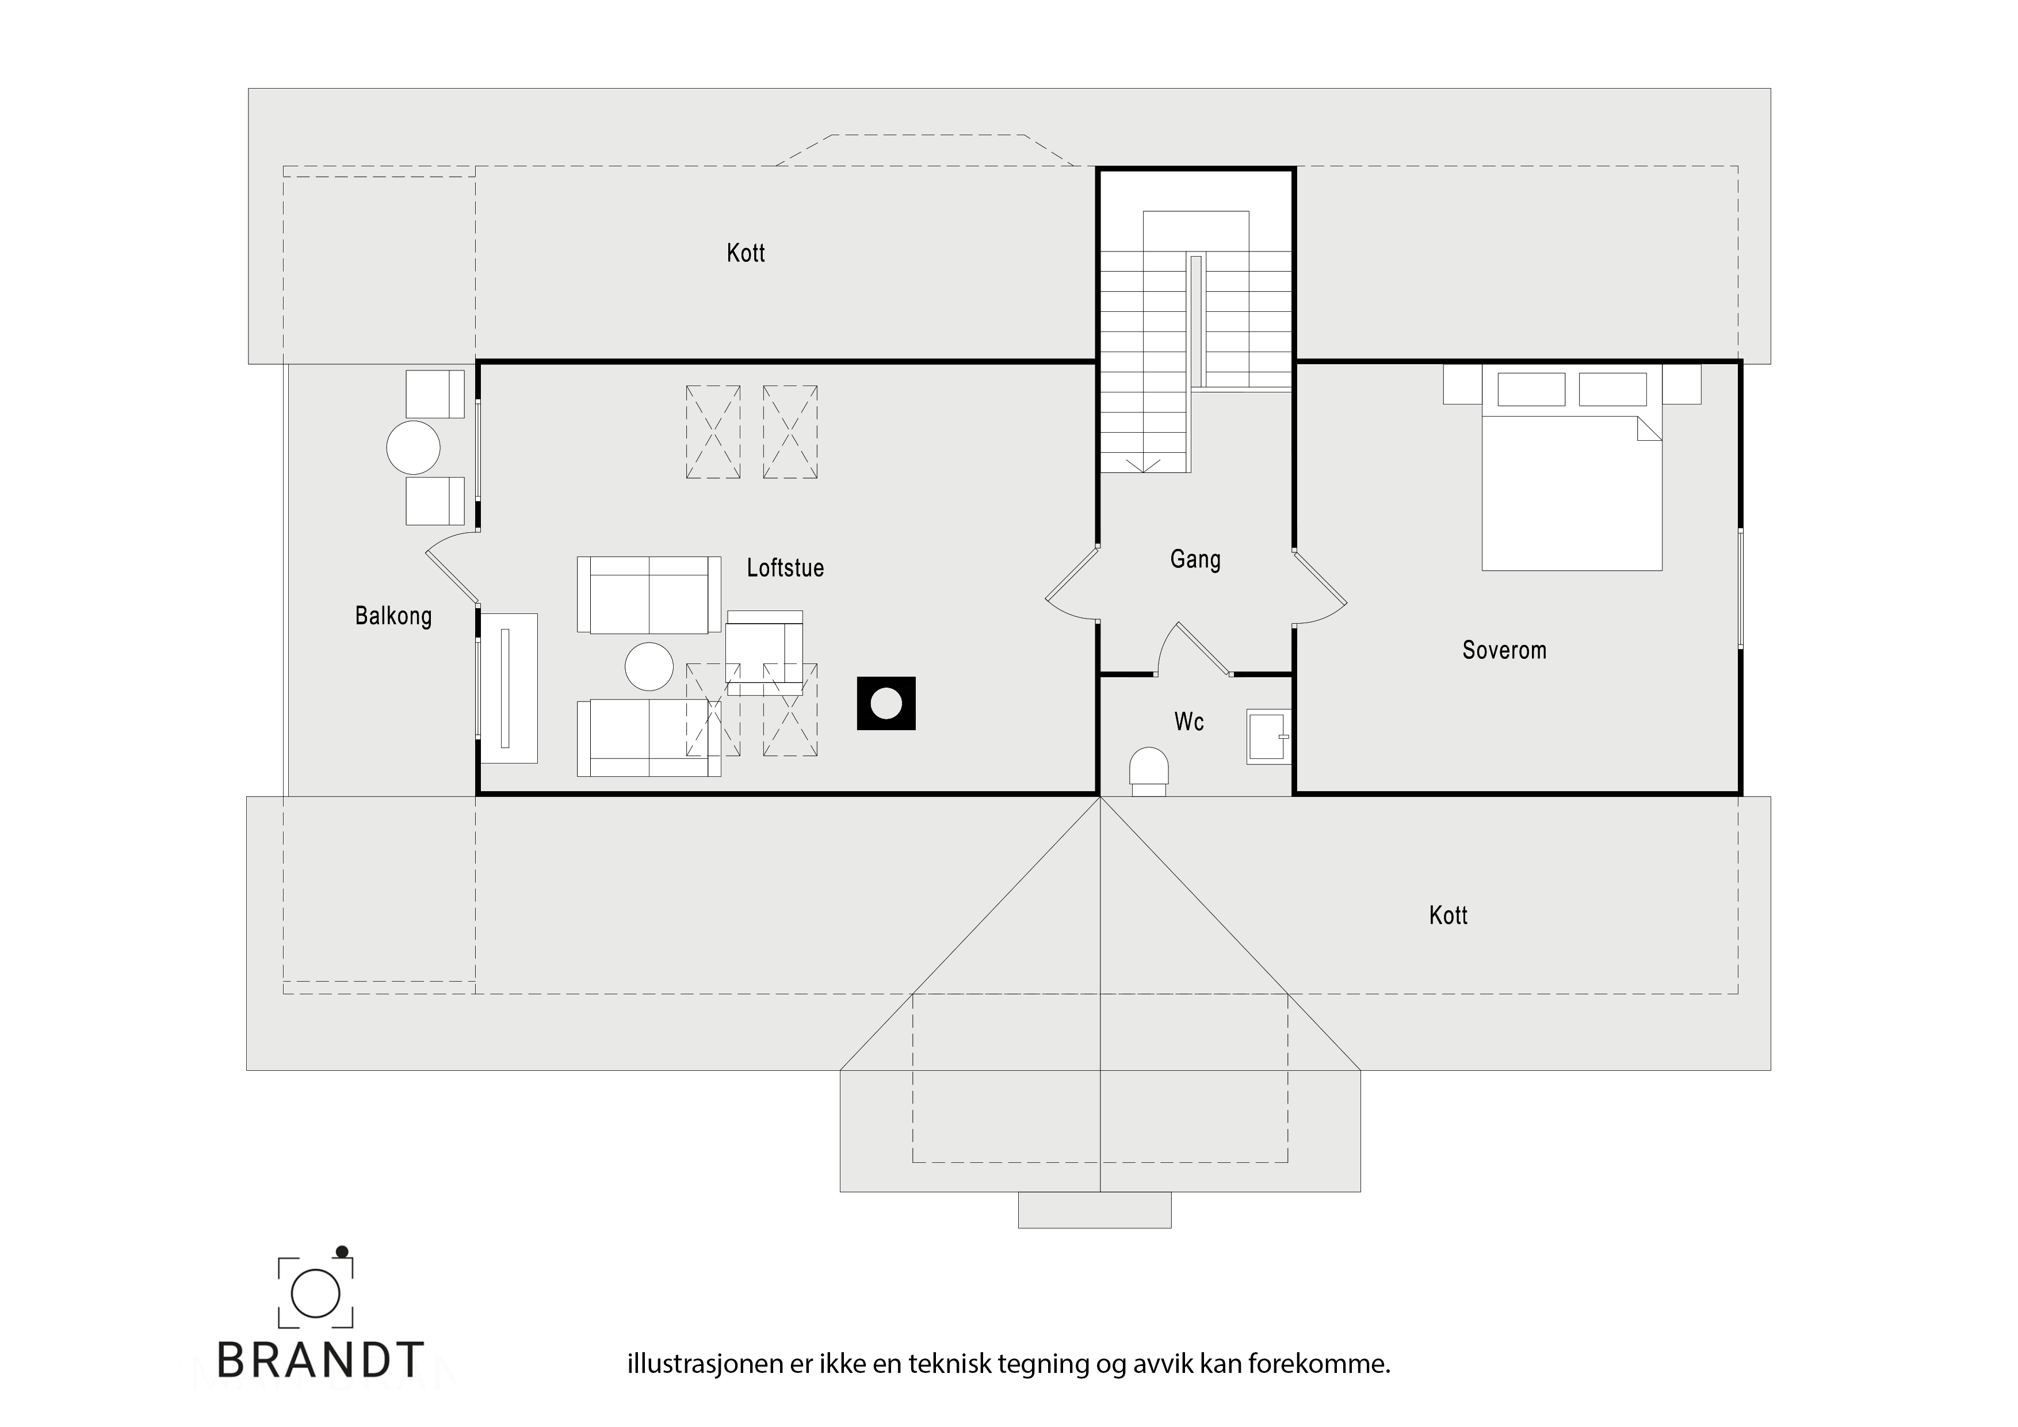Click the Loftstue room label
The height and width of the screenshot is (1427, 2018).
785,568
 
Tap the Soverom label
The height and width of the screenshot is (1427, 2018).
1504,651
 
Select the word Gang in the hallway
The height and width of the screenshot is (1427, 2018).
1195,560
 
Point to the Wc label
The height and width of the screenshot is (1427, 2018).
1188,722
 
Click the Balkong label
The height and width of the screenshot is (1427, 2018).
393,616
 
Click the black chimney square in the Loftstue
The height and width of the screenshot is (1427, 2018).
886,703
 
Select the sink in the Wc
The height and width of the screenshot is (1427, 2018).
1268,736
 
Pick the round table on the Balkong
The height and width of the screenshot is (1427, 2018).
413,448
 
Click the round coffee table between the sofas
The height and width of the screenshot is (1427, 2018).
649,666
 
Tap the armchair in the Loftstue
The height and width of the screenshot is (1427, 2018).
764,651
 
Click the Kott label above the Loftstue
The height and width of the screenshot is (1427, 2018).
746,253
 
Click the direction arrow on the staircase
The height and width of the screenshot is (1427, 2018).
1144,464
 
